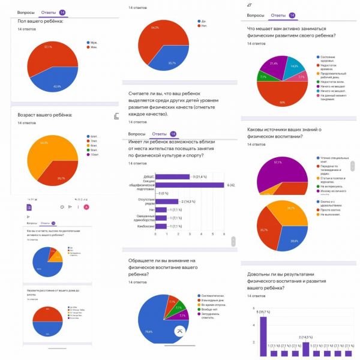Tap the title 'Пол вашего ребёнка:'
pos(41,22)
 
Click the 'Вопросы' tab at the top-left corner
pos(26,12)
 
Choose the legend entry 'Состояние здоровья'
pos(328,58)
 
